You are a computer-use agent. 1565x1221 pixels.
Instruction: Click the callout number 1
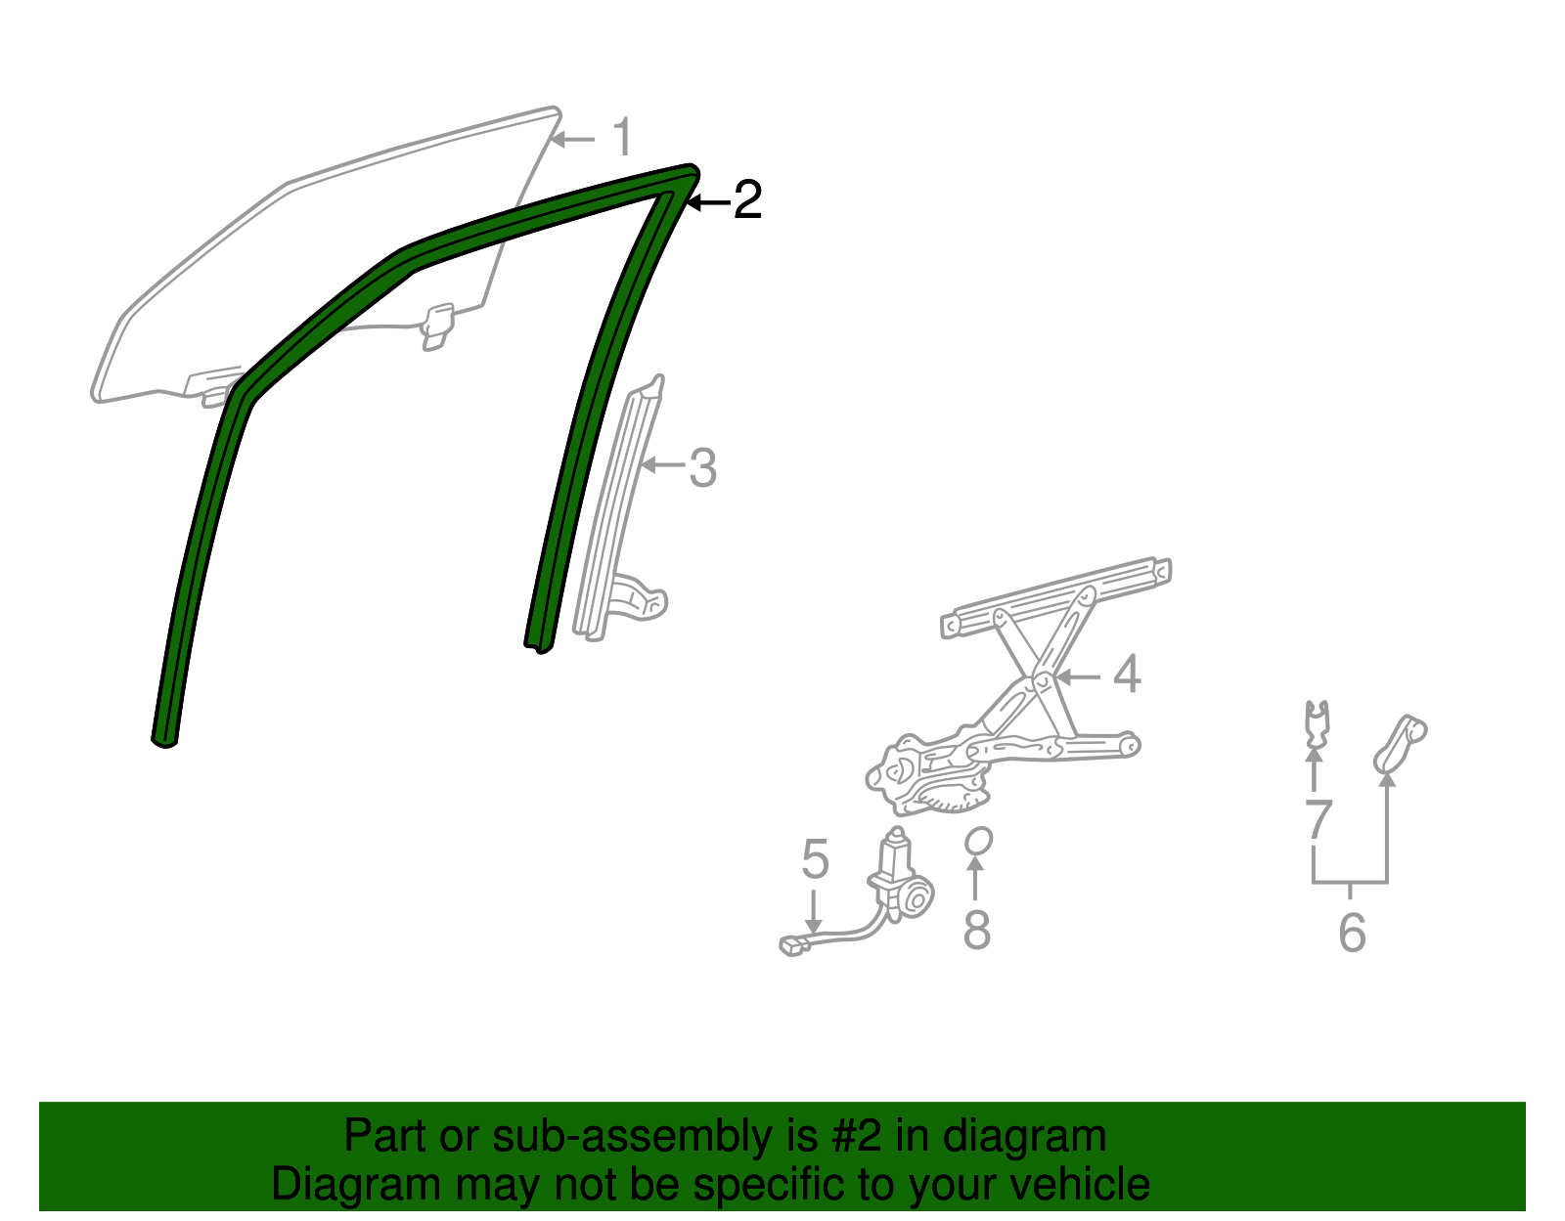(623, 138)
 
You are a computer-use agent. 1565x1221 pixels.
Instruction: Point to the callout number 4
(1127, 675)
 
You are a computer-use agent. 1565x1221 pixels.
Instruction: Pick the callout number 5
(815, 859)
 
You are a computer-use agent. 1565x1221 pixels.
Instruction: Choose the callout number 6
(1351, 932)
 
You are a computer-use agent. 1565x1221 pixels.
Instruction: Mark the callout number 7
(1319, 818)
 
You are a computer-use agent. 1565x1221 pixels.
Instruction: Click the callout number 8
(976, 930)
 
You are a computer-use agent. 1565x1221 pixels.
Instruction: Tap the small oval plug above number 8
(978, 841)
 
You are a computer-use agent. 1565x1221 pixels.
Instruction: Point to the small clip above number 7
(1318, 721)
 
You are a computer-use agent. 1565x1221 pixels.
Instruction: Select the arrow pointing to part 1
(573, 140)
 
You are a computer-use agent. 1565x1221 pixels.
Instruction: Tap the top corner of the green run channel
(690, 173)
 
